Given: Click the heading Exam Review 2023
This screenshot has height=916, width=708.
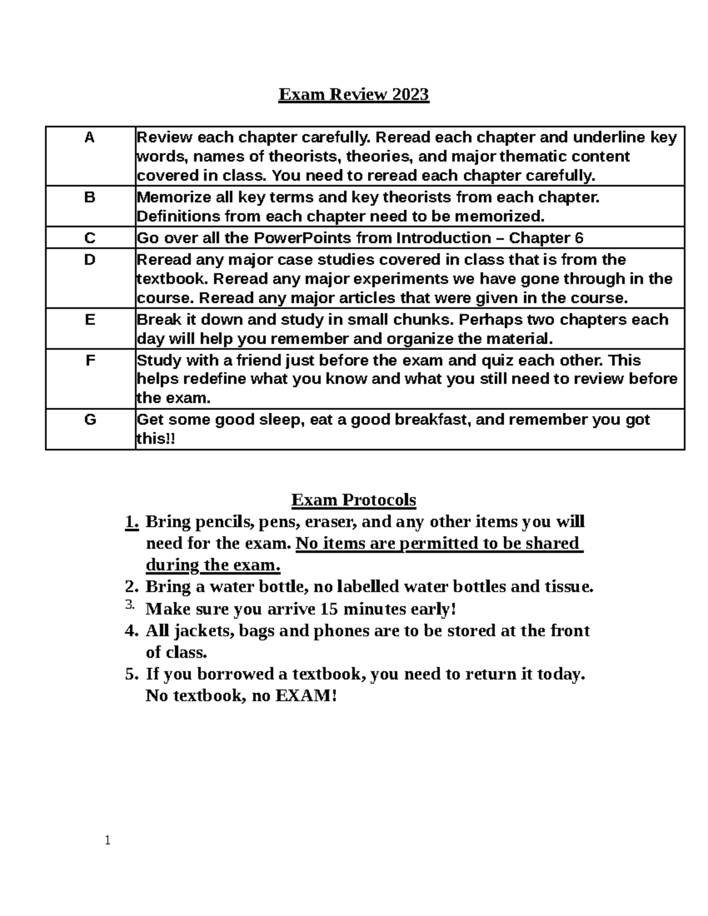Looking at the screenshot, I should click(353, 94).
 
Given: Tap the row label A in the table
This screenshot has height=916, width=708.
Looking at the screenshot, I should click(90, 138).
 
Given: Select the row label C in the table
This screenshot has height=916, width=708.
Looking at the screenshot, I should click(90, 238).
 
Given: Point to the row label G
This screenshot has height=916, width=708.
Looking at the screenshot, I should click(90, 420).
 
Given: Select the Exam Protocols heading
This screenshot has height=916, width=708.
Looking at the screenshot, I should click(353, 500).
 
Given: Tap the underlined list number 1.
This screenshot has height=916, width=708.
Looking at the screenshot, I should click(132, 522).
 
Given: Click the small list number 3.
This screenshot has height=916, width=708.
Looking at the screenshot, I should click(130, 605).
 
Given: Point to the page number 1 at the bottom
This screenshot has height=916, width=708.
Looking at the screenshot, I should click(107, 841).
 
